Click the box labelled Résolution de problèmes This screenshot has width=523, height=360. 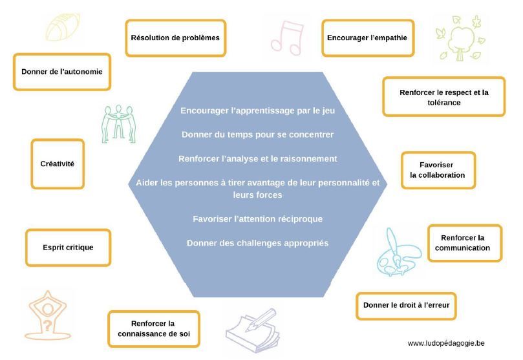175,37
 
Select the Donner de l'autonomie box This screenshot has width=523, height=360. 62,72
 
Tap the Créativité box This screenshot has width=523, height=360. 58,164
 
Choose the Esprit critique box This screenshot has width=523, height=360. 68,247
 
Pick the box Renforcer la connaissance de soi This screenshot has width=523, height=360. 153,328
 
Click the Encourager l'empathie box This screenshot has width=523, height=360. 367,37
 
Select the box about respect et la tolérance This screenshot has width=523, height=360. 443,97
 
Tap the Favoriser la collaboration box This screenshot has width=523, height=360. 438,170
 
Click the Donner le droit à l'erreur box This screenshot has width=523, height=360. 406,305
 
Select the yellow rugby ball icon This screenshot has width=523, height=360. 63,28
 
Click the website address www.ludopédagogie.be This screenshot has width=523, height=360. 446,343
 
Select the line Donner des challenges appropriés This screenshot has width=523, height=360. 257,243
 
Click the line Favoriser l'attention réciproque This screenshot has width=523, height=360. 257,218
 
